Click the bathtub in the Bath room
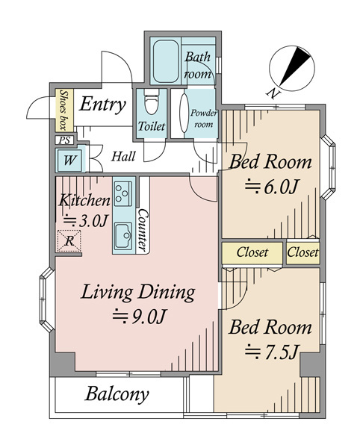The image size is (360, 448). [165, 61]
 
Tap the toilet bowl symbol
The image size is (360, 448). [152, 102]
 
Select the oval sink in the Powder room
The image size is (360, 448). [184, 113]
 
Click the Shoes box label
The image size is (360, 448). [64, 111]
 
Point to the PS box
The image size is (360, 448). [65, 140]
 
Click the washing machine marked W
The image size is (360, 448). [69, 160]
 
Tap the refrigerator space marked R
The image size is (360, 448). [69, 241]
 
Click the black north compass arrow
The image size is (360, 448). [295, 66]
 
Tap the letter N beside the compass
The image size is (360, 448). [273, 93]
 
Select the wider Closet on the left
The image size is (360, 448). [252, 252]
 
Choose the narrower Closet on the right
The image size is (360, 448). [302, 252]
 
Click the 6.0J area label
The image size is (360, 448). [272, 187]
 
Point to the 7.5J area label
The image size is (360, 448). [272, 352]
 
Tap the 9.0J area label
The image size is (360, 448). [139, 316]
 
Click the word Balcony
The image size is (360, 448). [117, 394]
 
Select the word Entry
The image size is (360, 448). [102, 105]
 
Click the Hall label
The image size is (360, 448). [123, 157]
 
